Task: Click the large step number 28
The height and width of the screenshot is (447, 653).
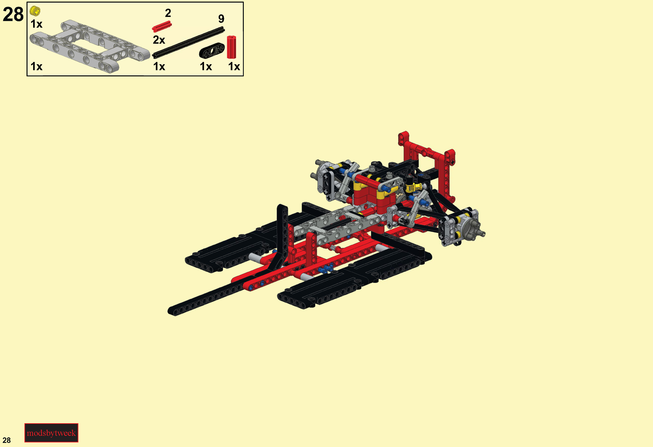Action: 13,14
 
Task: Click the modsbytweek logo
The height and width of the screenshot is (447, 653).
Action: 51,433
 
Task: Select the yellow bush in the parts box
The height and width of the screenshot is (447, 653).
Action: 35,11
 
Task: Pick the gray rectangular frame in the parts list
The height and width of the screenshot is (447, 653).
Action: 89,46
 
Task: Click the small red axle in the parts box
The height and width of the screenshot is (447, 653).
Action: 162,27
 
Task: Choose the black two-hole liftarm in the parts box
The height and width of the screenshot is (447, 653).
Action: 212,51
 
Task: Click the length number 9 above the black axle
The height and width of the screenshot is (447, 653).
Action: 221,19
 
